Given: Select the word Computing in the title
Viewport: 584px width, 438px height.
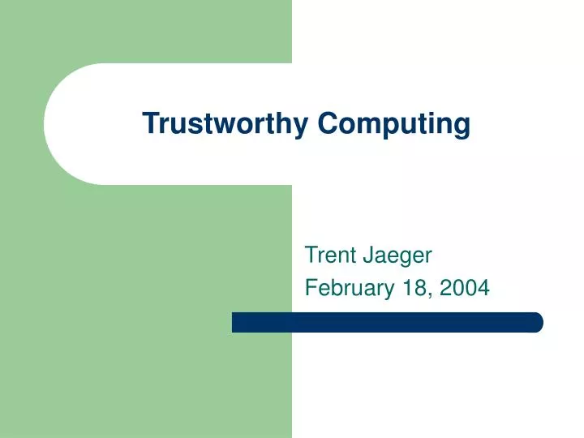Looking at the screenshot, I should pos(393,123).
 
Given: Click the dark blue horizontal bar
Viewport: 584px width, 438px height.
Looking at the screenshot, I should pos(387,322).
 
